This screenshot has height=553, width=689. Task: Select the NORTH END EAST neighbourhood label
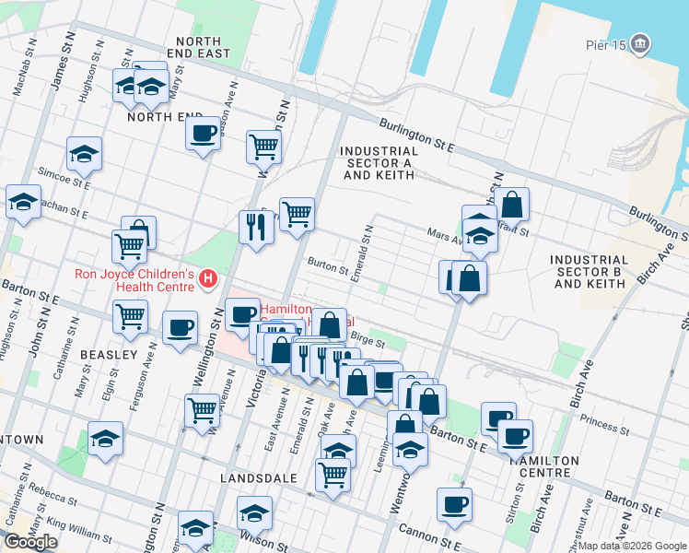click(199, 48)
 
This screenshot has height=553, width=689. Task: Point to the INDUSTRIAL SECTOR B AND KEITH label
click(590, 272)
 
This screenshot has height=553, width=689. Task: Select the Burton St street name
click(327, 269)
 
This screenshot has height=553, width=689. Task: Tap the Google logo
click(31, 541)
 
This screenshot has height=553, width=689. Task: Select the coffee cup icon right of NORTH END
click(202, 133)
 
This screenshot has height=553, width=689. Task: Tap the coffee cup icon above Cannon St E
click(454, 504)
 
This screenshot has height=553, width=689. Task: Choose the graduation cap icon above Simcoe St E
click(84, 153)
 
